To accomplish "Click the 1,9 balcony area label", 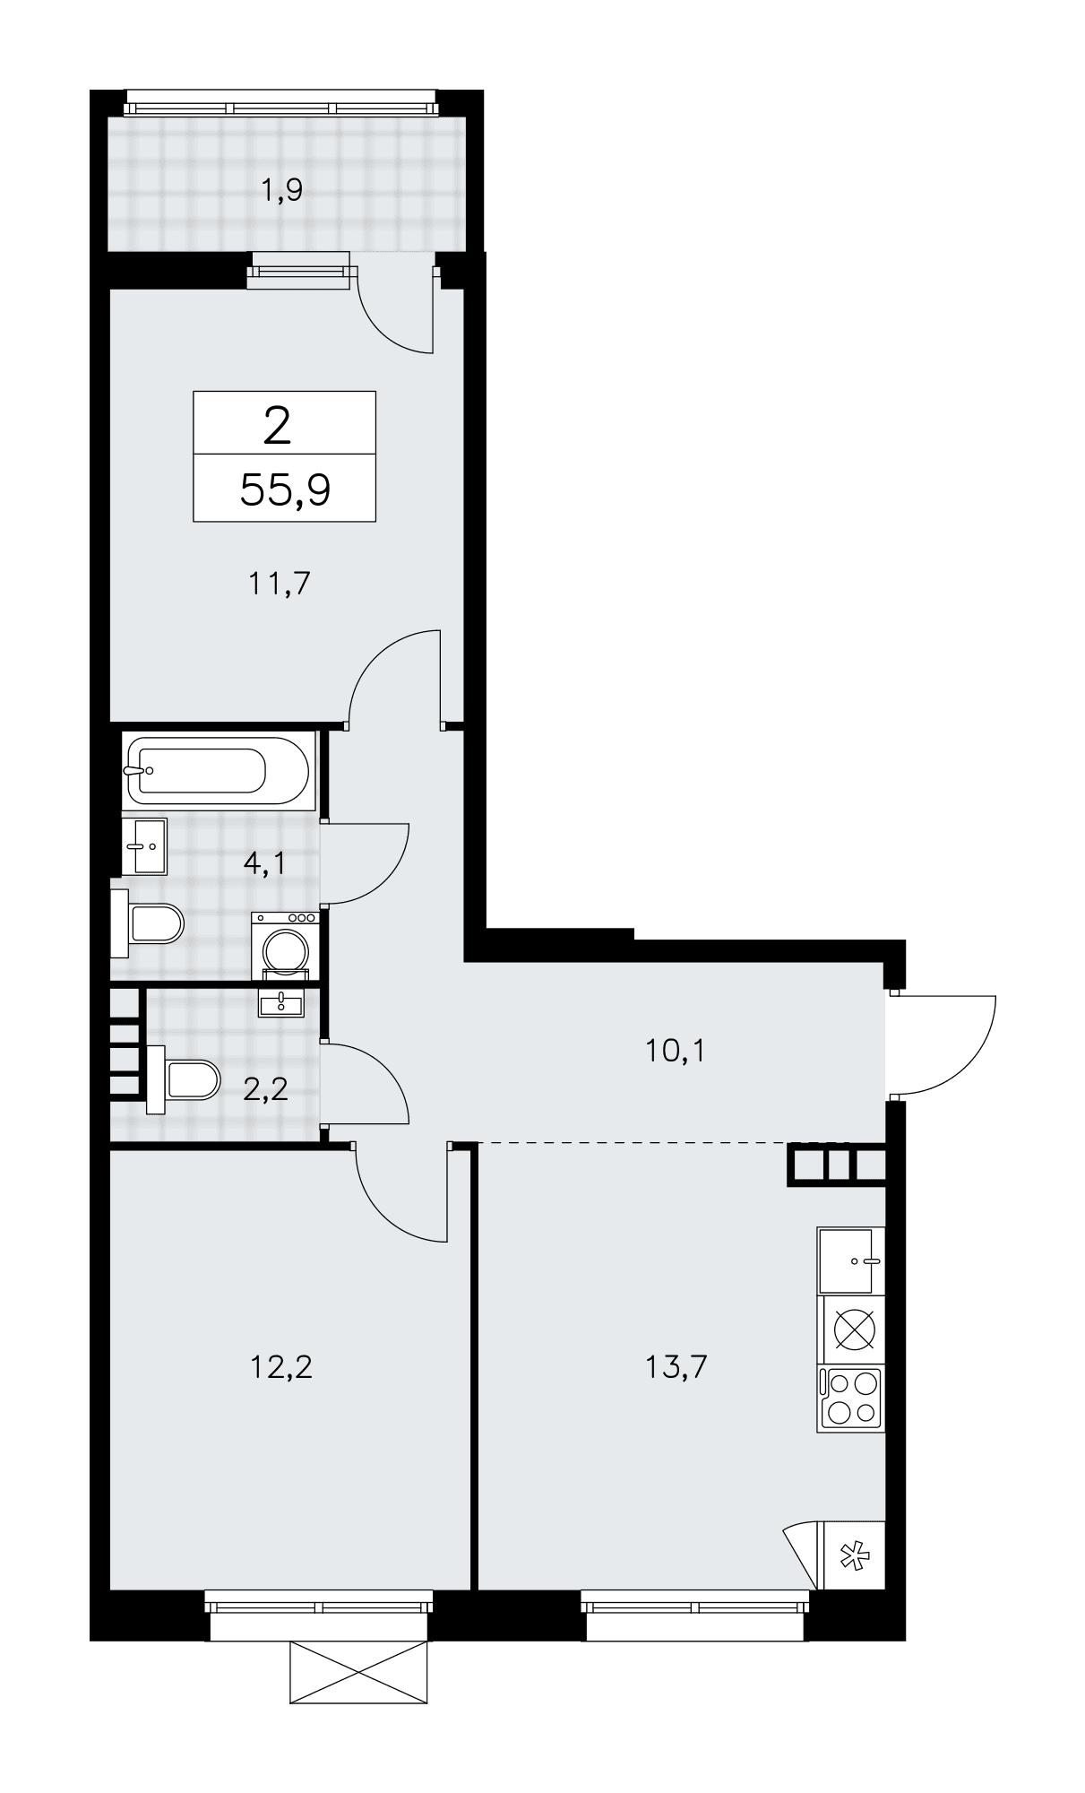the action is (x=282, y=190).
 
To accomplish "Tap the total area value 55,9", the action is (x=285, y=490).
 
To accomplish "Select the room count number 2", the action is (x=278, y=427).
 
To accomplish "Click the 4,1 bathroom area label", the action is (x=264, y=863).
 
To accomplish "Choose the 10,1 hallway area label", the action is (x=675, y=1050).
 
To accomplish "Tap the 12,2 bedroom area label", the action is (x=280, y=1367).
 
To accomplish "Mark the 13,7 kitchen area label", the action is (x=676, y=1367).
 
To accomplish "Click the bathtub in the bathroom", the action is (x=218, y=770).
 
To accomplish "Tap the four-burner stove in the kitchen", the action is (x=850, y=1399).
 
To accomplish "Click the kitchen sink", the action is (x=850, y=1260).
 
